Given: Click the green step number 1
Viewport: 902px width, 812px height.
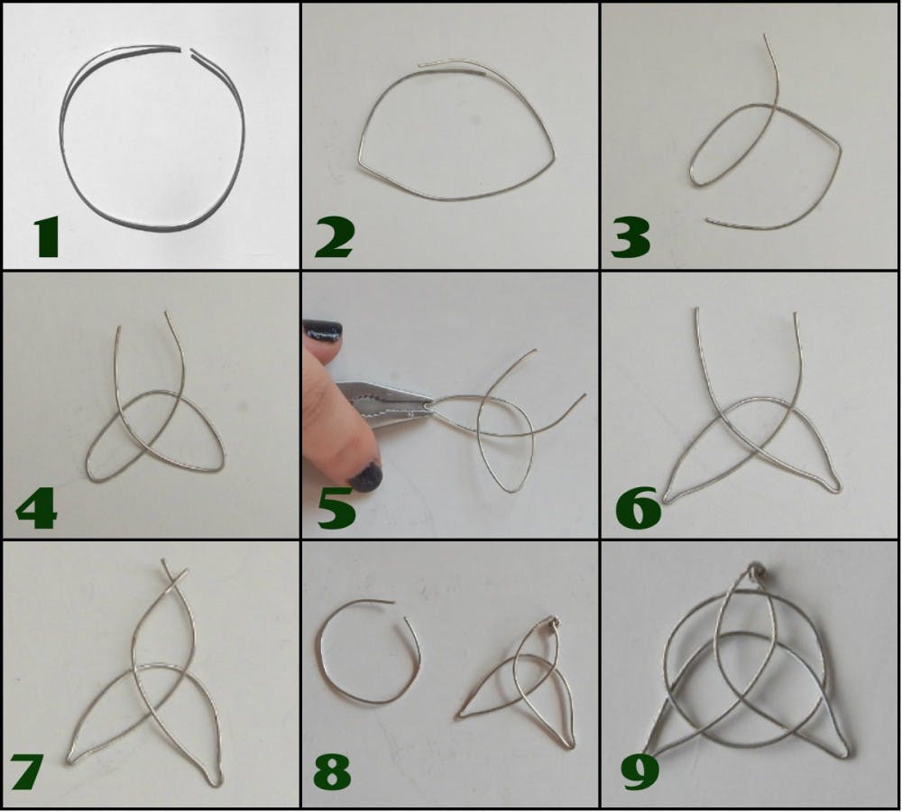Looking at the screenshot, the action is (47, 237).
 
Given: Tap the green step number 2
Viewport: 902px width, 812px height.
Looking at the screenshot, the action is (334, 238).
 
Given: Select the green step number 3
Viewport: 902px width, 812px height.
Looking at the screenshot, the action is (630, 237).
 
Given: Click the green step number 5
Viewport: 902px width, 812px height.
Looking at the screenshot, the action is (337, 508).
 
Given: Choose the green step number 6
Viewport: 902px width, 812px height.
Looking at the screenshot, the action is (638, 508).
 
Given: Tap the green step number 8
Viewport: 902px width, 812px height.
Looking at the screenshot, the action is (333, 771).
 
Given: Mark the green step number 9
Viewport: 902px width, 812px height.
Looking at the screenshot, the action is (640, 771).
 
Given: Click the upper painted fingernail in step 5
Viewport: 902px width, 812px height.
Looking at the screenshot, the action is (323, 331).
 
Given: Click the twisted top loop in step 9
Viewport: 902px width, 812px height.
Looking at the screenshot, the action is (755, 571).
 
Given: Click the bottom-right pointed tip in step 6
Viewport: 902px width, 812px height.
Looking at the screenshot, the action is (836, 488).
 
